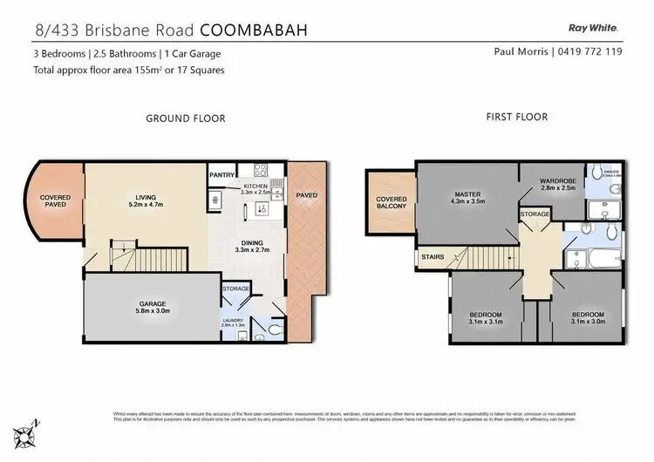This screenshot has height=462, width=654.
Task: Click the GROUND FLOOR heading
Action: point(186,118)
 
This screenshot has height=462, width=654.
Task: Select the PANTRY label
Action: point(222,175)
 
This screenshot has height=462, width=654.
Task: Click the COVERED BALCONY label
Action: point(392,203)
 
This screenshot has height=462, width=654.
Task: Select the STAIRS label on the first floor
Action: point(433,259)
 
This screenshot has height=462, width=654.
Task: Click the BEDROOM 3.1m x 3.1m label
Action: point(485,318)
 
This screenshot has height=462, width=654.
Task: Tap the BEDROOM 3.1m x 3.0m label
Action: point(589,318)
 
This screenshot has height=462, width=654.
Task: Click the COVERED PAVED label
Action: point(55,201)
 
